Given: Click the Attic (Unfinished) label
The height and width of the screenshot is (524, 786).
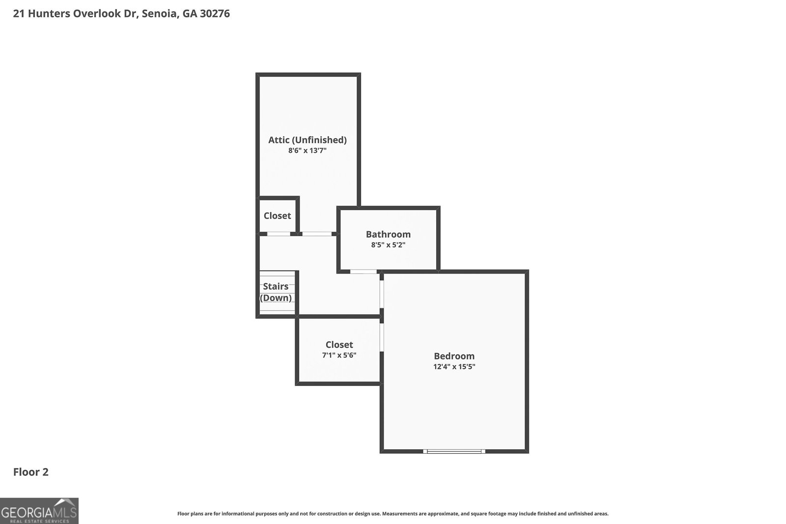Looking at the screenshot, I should click(307, 140).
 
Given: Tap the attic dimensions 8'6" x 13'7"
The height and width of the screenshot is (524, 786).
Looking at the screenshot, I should click(307, 151).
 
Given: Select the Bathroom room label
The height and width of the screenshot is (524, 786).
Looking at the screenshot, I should click(388, 234).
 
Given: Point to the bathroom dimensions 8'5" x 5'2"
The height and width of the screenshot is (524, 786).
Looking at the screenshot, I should click(388, 245).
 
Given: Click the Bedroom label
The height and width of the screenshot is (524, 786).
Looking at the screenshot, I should click(454, 356).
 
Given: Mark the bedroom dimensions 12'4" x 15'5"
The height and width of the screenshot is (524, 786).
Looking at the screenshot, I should click(454, 367).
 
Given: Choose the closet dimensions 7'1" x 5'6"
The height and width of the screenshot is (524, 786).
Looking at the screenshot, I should click(339, 355).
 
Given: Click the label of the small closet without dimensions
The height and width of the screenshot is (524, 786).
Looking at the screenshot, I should click(277, 216).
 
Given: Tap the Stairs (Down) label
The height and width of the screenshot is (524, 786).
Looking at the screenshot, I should click(276, 292).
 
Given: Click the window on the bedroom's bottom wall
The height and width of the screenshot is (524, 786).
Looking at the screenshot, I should click(454, 451).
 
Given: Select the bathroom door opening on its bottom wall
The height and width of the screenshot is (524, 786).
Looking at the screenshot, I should click(364, 271).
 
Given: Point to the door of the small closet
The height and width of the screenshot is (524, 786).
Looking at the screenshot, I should click(279, 234).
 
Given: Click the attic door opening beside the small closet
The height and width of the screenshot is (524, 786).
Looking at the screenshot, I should click(316, 234).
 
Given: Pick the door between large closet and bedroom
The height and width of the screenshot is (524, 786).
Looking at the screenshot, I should click(382, 337).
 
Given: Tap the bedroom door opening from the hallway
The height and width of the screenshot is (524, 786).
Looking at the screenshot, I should click(382, 294).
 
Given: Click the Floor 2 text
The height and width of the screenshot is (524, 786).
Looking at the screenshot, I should click(30, 472).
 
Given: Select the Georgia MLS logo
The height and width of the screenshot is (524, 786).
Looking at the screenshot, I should click(39, 511).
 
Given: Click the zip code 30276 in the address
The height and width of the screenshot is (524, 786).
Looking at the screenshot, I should click(215, 14).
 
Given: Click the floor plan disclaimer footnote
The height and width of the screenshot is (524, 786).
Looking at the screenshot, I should click(393, 514).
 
